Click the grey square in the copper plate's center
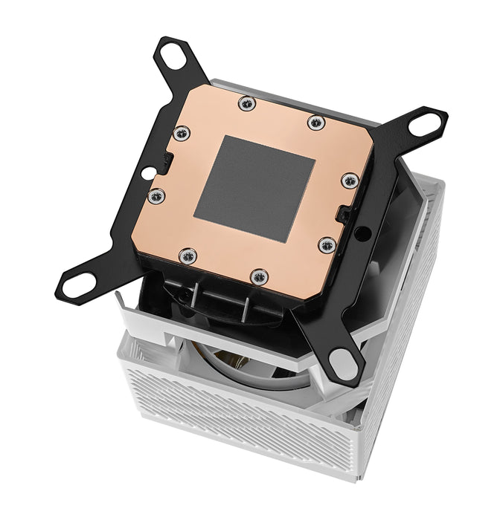tap(253, 186)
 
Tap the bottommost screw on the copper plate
tap(258, 277)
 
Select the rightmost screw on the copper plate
tap(348, 180)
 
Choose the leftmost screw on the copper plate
tap(156, 196)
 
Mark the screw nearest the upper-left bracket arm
tap(182, 134)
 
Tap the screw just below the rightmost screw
tap(325, 244)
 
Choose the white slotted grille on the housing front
tap(246, 431)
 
